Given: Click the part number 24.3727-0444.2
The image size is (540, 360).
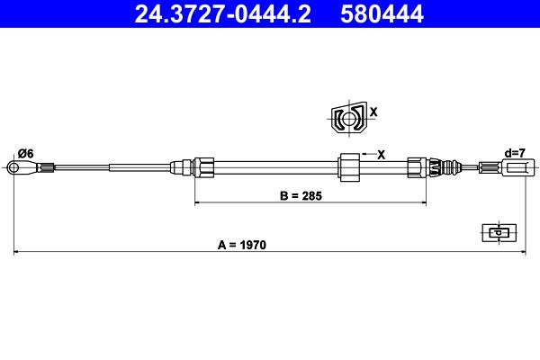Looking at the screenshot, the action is coord(223,13).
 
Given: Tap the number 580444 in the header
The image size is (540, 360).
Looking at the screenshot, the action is coord(382,13).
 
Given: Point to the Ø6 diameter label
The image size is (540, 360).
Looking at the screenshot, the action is coord(26,153).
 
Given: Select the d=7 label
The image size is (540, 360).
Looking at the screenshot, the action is coord(515,153).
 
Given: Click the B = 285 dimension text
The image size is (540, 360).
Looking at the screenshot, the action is coord(301,195).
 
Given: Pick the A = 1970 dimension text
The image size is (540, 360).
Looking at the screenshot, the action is coord(242,245).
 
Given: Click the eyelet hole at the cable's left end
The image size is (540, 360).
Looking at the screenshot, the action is coord(13,167).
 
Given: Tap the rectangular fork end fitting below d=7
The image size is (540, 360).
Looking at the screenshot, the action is coord(517,167).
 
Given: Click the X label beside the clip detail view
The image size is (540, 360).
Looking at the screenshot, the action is coord(373,112).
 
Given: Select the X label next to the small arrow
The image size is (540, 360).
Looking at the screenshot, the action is coord(381,155).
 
